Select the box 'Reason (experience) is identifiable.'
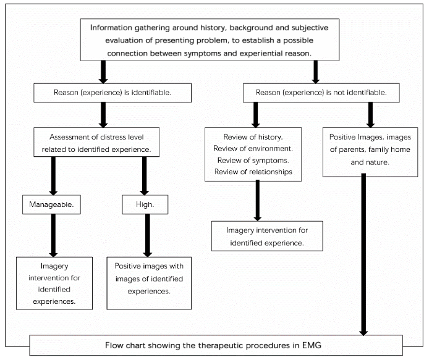pyautogui.click(x=103, y=93)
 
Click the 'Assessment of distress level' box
pyautogui.click(x=103, y=142)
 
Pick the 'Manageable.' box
pyautogui.click(x=53, y=204)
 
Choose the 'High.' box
pyautogui.click(x=145, y=204)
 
